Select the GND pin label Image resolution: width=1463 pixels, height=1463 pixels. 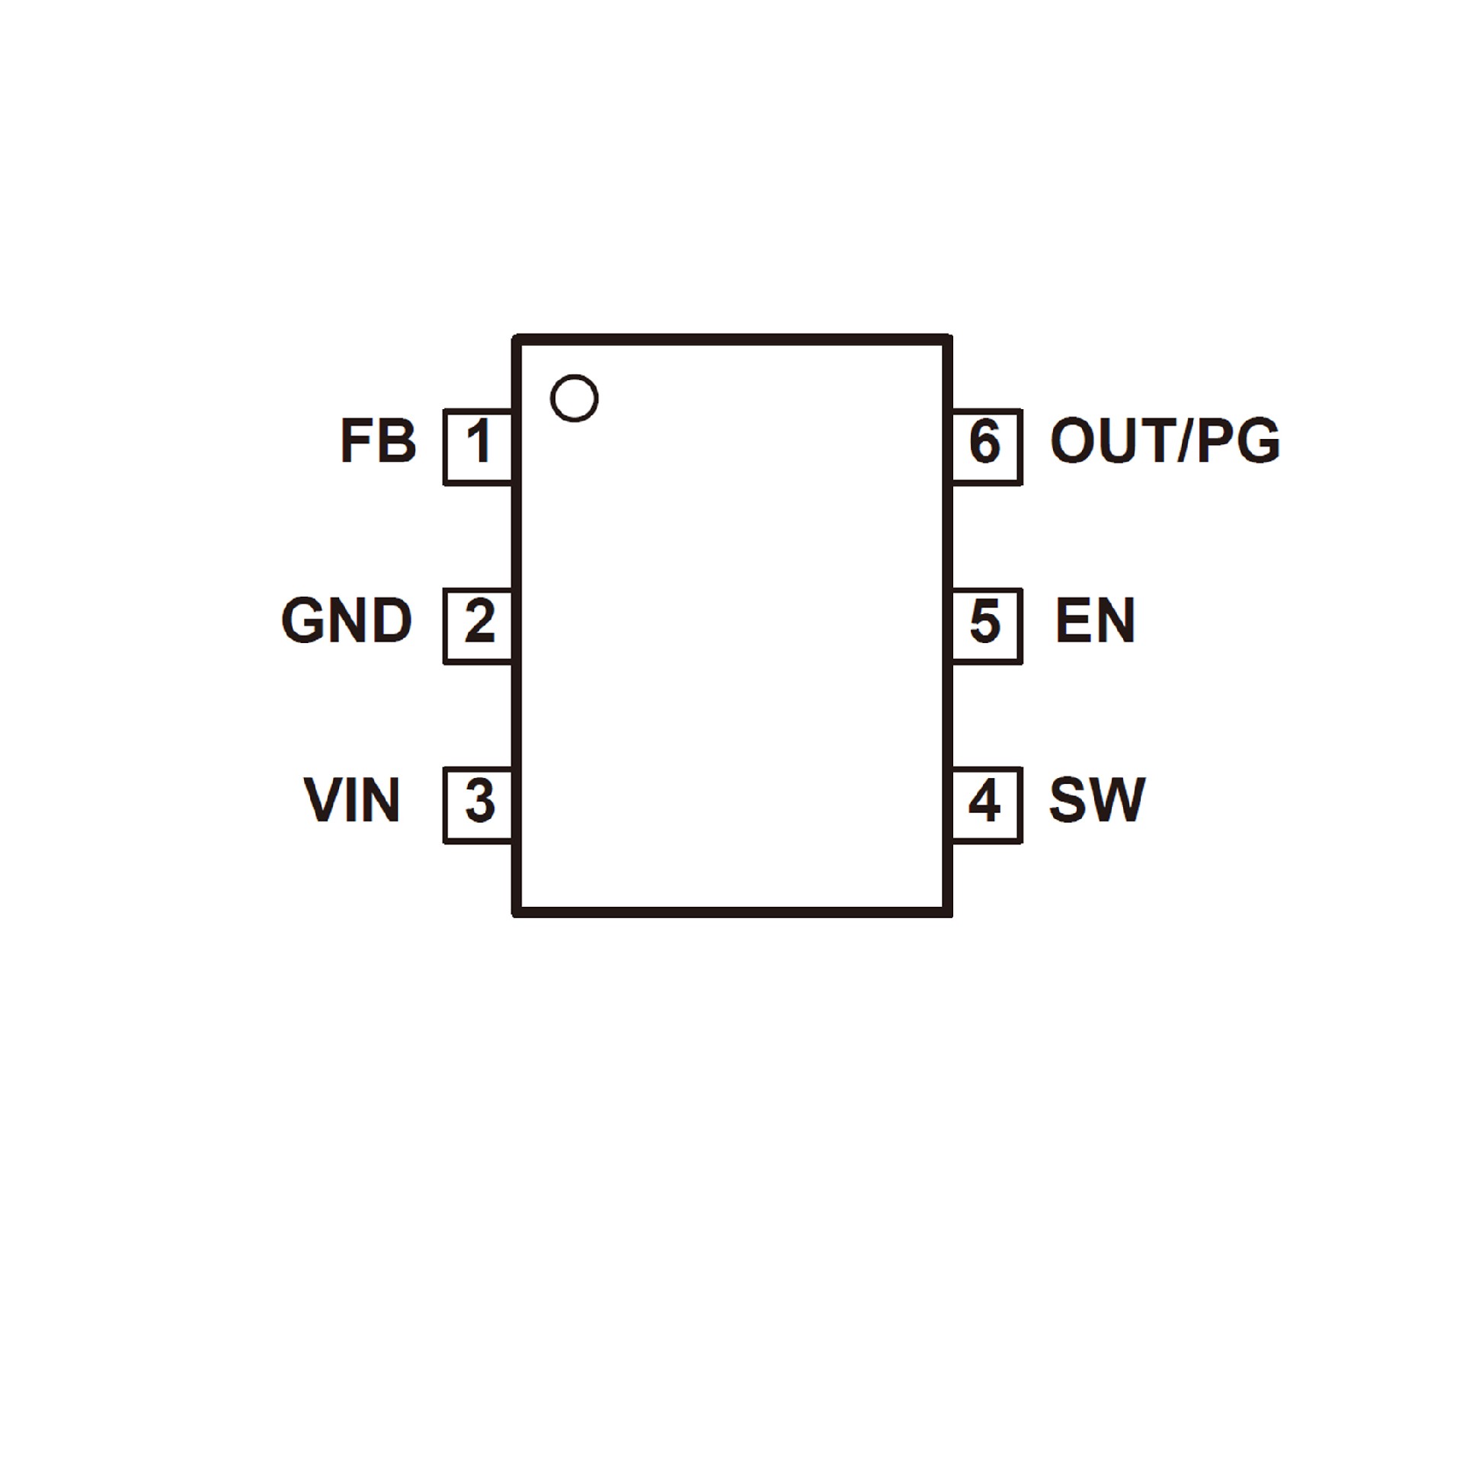347,620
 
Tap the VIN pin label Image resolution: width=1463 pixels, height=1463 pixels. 352,800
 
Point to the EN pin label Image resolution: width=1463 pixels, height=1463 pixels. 1095,620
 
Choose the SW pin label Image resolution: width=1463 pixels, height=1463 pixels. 1096,800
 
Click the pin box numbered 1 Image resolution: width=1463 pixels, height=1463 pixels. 478,447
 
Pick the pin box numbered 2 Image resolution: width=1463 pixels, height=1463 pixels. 478,626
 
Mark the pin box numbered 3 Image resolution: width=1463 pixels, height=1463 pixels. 478,805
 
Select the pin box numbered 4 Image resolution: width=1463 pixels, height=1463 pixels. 986,805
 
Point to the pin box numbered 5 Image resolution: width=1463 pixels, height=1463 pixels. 986,626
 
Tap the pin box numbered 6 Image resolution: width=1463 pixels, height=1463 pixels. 986,447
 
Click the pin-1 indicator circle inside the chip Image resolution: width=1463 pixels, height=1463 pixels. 574,397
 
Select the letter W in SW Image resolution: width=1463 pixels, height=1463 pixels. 1118,800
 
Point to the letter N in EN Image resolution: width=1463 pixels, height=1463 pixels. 1116,620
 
